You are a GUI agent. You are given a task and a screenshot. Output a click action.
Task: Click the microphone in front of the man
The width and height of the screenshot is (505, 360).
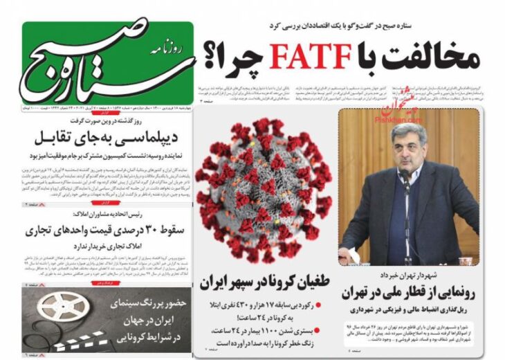pos(404,181)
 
